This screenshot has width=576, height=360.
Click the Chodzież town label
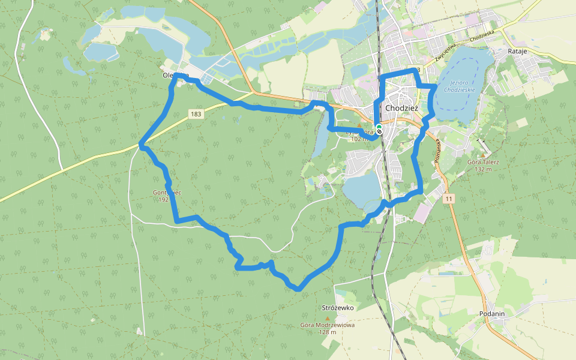tap(401, 108)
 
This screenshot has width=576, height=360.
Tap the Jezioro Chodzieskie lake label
tap(460, 85)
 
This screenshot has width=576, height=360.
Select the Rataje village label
tap(517, 52)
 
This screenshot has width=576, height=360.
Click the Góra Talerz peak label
tap(483, 162)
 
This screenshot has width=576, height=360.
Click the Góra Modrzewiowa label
tap(327, 325)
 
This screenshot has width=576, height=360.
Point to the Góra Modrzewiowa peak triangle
tap(327, 318)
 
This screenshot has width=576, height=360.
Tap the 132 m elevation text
tap(483, 169)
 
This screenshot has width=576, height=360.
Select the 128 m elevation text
tap(327, 332)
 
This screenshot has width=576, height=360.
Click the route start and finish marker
tap(379, 128)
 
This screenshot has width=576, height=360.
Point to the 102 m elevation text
tap(359, 139)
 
